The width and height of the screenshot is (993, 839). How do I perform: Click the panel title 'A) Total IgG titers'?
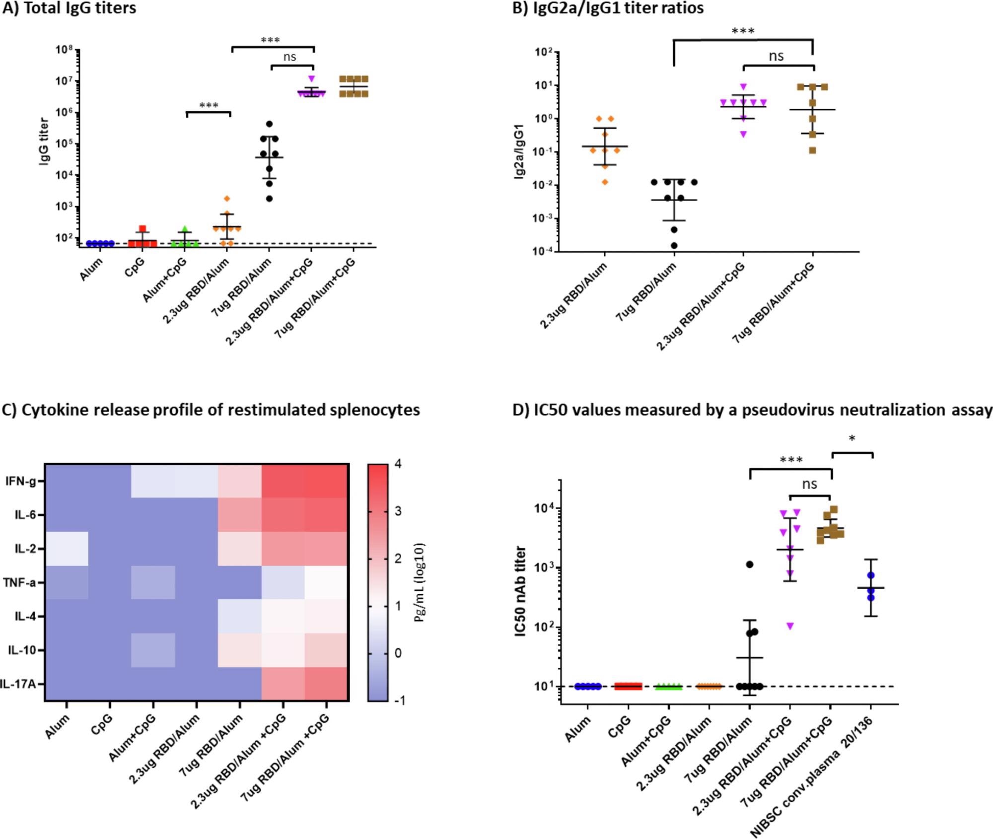[69, 8]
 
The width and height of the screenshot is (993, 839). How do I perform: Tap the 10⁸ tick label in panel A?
[65, 49]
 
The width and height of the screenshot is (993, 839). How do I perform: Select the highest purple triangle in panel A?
[311, 79]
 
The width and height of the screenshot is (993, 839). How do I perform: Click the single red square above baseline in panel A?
[142, 229]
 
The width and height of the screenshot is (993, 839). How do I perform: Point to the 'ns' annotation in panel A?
[289, 57]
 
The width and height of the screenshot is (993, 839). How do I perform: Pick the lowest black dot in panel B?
[674, 245]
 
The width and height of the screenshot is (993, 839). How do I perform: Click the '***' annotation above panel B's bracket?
[743, 32]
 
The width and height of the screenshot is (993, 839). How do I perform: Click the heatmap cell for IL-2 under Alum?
[67, 549]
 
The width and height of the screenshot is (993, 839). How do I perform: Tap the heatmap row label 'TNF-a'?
[20, 582]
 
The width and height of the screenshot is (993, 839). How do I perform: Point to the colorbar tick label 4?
[398, 464]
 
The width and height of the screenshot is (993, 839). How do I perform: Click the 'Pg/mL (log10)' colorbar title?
[419, 583]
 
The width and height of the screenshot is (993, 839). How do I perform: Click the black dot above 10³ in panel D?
[749, 564]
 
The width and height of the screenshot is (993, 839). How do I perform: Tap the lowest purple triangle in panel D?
[789, 626]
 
